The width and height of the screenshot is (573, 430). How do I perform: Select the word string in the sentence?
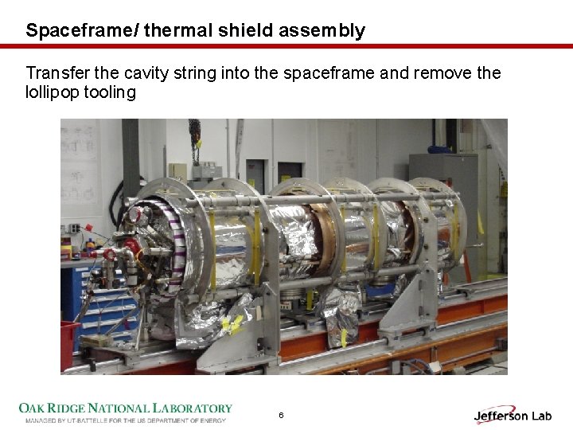click(x=196, y=73)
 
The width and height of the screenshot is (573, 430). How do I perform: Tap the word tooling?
click(x=112, y=92)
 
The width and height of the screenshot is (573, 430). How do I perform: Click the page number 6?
click(x=281, y=416)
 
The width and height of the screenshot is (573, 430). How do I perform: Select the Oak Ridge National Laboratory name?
click(x=125, y=408)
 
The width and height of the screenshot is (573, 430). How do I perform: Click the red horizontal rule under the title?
click(x=286, y=46)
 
